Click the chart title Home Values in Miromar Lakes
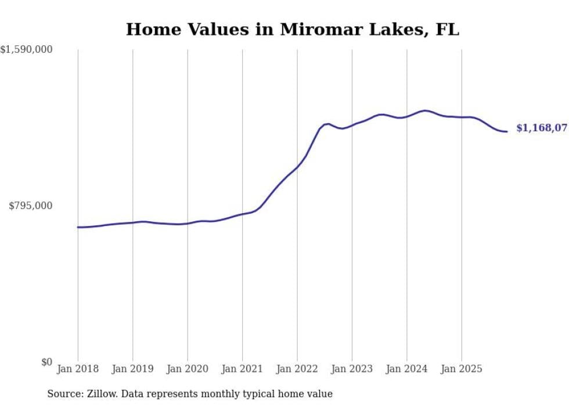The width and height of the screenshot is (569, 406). point(292,30)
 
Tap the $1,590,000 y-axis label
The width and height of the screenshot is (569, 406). point(27,50)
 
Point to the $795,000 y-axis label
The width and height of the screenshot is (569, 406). point(31,206)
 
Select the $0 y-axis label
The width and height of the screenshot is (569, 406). point(46,362)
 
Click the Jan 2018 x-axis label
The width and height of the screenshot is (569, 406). point(78,369)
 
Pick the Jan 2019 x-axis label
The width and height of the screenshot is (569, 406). point(132,369)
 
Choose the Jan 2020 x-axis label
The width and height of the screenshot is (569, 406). point(188,369)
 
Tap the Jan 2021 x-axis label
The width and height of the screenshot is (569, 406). point(242,369)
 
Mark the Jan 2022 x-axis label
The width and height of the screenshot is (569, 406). point(297,369)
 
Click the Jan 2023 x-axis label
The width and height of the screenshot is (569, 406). point(352,369)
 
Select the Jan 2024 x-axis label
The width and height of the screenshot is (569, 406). point(406,369)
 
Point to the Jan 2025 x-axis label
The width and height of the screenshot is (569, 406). point(462,369)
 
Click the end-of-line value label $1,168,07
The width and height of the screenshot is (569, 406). point(541,128)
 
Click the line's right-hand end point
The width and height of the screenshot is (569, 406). point(507,131)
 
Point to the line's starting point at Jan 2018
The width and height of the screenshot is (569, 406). point(78,227)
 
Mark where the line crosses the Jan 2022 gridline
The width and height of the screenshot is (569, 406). point(297,167)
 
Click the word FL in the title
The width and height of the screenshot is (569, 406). point(448,30)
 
